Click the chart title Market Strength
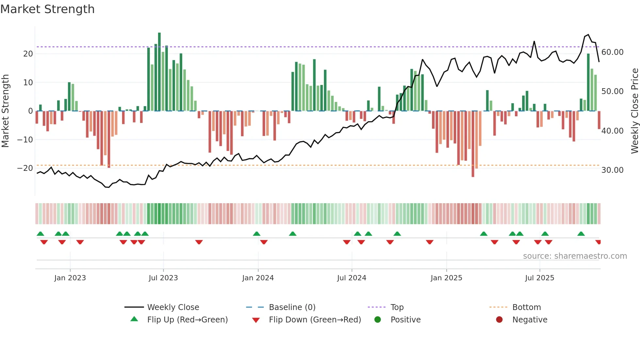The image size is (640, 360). click(x=48, y=9)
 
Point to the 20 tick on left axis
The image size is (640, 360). click(x=28, y=54)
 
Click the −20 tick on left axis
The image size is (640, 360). click(x=25, y=168)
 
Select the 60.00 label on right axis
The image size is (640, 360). click(x=612, y=52)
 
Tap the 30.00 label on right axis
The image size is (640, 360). click(x=612, y=170)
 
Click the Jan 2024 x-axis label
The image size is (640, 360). click(x=258, y=278)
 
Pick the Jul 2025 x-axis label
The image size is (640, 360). click(x=539, y=278)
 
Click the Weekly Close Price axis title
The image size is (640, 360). click(x=634, y=111)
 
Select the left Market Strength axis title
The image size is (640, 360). click(x=5, y=111)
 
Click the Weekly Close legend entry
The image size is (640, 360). click(x=173, y=307)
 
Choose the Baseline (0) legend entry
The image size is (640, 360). click(x=292, y=307)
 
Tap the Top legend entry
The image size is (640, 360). click(x=397, y=307)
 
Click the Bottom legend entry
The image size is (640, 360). click(x=526, y=307)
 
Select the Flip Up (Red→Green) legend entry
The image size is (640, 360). click(x=187, y=320)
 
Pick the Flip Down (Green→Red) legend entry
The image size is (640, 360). click(x=315, y=320)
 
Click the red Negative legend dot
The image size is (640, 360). click(x=499, y=320)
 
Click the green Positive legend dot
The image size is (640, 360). click(x=378, y=320)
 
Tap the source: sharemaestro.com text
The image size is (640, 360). click(x=575, y=256)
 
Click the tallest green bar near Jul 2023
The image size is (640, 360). click(x=159, y=72)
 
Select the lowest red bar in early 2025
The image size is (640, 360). click(x=473, y=144)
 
